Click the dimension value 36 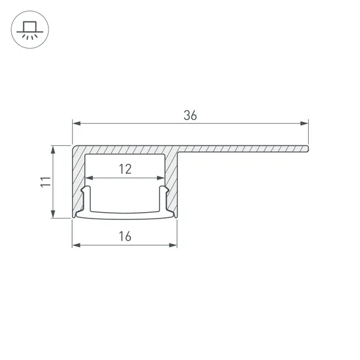coord(189,116)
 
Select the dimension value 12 coord(125,169)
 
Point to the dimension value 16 coord(125,237)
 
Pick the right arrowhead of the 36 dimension coord(305,123)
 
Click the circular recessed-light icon coord(29,29)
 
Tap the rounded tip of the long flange coord(307,149)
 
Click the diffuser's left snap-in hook coord(86,195)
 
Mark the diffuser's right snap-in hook coord(164,195)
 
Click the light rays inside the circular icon coord(29,36)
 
